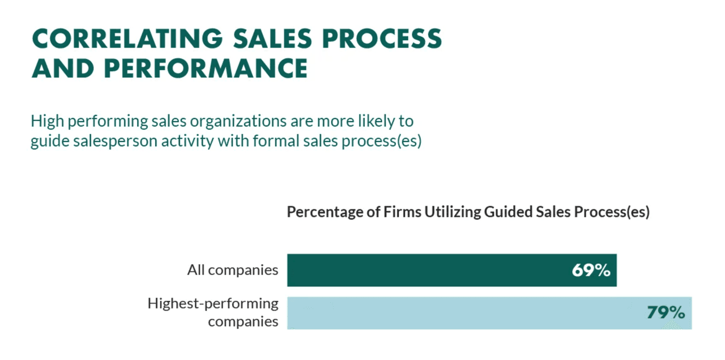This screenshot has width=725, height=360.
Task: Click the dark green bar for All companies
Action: pos(430,270)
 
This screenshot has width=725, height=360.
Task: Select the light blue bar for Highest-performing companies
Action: pos(464,313)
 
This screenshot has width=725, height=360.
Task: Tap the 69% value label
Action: pos(591,270)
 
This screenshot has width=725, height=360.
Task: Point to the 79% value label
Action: pos(666,313)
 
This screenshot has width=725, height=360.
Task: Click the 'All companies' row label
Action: pos(233,270)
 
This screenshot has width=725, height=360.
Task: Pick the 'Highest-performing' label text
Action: pos(213,303)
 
